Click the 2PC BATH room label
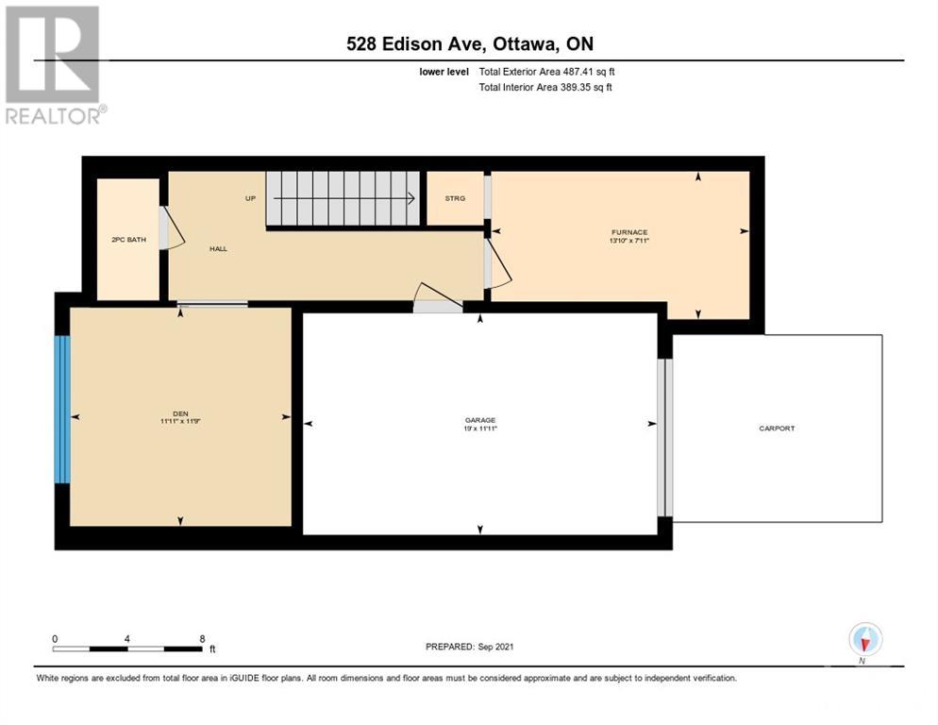point(128,240)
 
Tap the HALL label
point(218,248)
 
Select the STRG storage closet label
point(455,198)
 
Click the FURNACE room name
point(628,232)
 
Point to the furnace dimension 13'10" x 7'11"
point(628,241)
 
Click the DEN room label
point(180,413)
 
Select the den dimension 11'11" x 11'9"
point(180,422)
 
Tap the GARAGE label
point(480,420)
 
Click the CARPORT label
point(777,429)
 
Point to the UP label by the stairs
point(251,198)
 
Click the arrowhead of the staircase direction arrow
point(412,198)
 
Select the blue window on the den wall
point(62,409)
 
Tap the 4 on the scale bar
point(126,639)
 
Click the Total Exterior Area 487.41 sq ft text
point(546,72)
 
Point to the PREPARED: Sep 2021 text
point(469,647)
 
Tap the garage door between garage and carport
point(664,437)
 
